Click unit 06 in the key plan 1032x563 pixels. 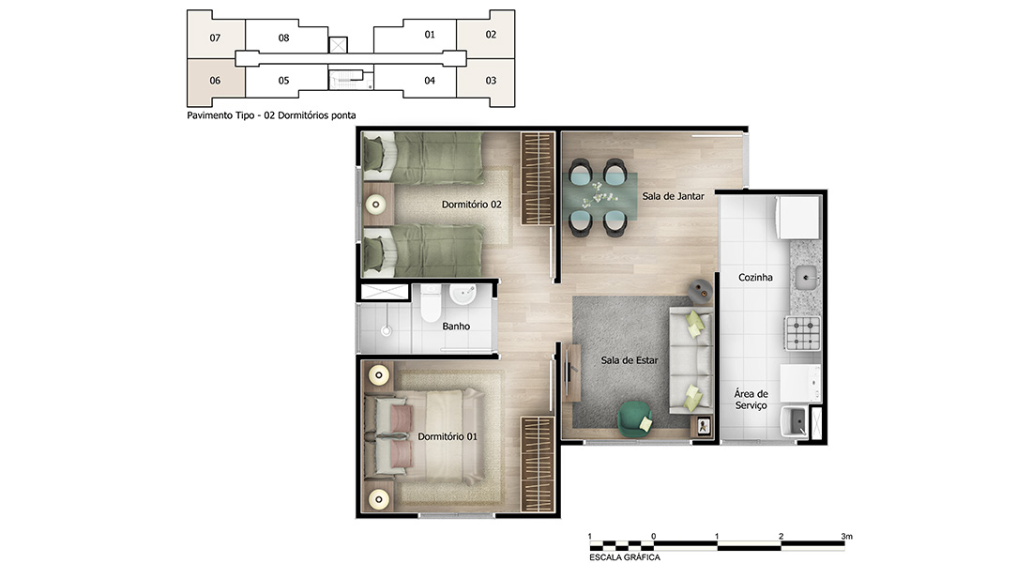coord(215,81)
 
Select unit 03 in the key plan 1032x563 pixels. coord(491,81)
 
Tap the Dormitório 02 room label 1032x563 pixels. coord(471,205)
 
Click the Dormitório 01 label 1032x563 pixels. coord(448,436)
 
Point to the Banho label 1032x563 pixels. coord(456,326)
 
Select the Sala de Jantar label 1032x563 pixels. coord(674,195)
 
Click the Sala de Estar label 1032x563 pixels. coord(630,360)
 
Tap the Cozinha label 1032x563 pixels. coord(755,277)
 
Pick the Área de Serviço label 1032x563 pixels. coord(751,400)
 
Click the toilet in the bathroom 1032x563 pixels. coord(432,303)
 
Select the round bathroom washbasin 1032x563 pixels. coord(463,294)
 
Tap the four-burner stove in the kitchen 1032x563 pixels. coord(802,332)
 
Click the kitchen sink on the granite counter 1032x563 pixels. coord(806,277)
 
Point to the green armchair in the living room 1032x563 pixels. coord(634,418)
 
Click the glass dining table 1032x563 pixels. coord(603,196)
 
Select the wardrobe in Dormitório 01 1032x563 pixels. coord(538,464)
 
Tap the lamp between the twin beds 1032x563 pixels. coord(376,205)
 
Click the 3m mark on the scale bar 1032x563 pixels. coord(846,537)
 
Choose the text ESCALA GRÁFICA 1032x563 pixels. coord(625,557)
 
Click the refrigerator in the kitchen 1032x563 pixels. coord(799,217)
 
